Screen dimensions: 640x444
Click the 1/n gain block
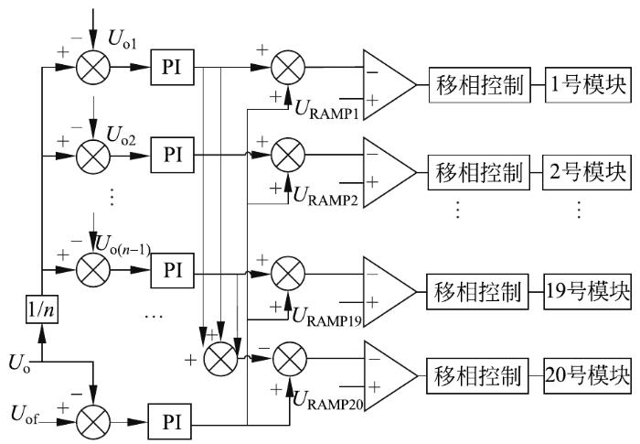coord(42,309)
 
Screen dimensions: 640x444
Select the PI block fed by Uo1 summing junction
coord(172,67)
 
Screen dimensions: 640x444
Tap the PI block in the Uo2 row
coord(172,155)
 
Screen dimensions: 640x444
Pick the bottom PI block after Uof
coord(170,422)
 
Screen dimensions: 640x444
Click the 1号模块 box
coord(588,85)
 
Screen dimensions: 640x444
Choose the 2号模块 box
coord(587,172)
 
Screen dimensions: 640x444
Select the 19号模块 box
coord(587,291)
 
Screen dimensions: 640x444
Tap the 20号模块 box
coord(587,376)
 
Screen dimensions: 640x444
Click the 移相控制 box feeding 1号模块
coord(480,85)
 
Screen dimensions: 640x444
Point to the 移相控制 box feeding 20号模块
coord(477,376)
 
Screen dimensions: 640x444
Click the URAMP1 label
coord(326,110)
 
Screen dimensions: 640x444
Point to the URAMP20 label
coord(327,400)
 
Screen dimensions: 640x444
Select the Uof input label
coord(24,414)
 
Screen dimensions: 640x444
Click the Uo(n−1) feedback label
coord(123,245)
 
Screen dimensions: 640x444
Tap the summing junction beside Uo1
coord(93,68)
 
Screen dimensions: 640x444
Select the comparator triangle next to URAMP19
coord(389,292)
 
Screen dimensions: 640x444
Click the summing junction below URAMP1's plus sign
coord(288,156)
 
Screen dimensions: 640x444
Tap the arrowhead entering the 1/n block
coord(42,334)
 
